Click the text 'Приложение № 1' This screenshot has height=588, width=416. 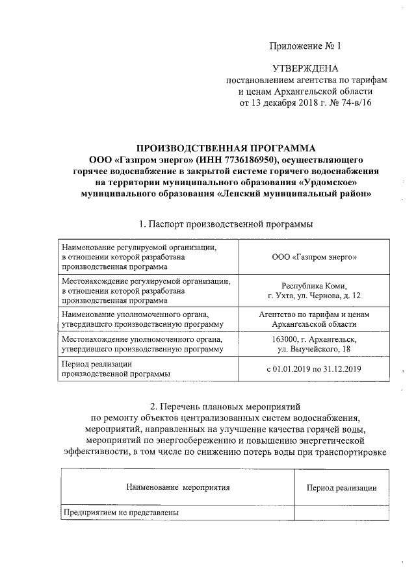305,46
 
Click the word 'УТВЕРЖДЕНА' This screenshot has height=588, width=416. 305,68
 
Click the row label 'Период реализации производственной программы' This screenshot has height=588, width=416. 116,369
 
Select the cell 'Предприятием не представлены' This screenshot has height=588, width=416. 120,513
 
